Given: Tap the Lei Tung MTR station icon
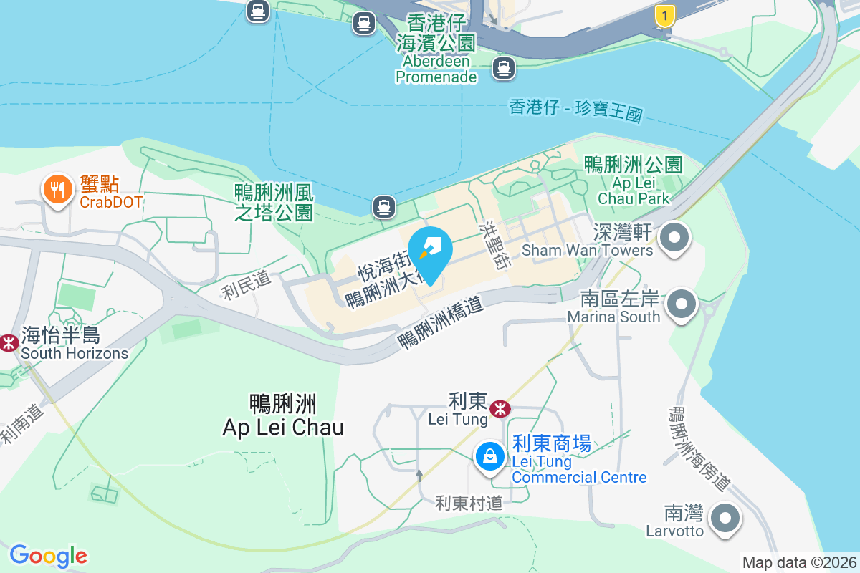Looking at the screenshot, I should [500, 409].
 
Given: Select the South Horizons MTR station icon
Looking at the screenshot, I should [9, 342].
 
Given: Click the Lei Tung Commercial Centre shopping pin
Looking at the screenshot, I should [490, 456].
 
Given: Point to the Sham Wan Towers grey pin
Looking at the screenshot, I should [674, 237].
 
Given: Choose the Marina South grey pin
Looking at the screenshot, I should [682, 304].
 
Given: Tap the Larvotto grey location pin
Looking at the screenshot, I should [725, 518].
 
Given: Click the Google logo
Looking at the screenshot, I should [49, 556].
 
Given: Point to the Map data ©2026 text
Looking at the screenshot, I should [799, 562].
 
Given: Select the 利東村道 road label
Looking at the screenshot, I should [469, 504].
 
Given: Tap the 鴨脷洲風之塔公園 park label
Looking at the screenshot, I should [274, 202].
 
